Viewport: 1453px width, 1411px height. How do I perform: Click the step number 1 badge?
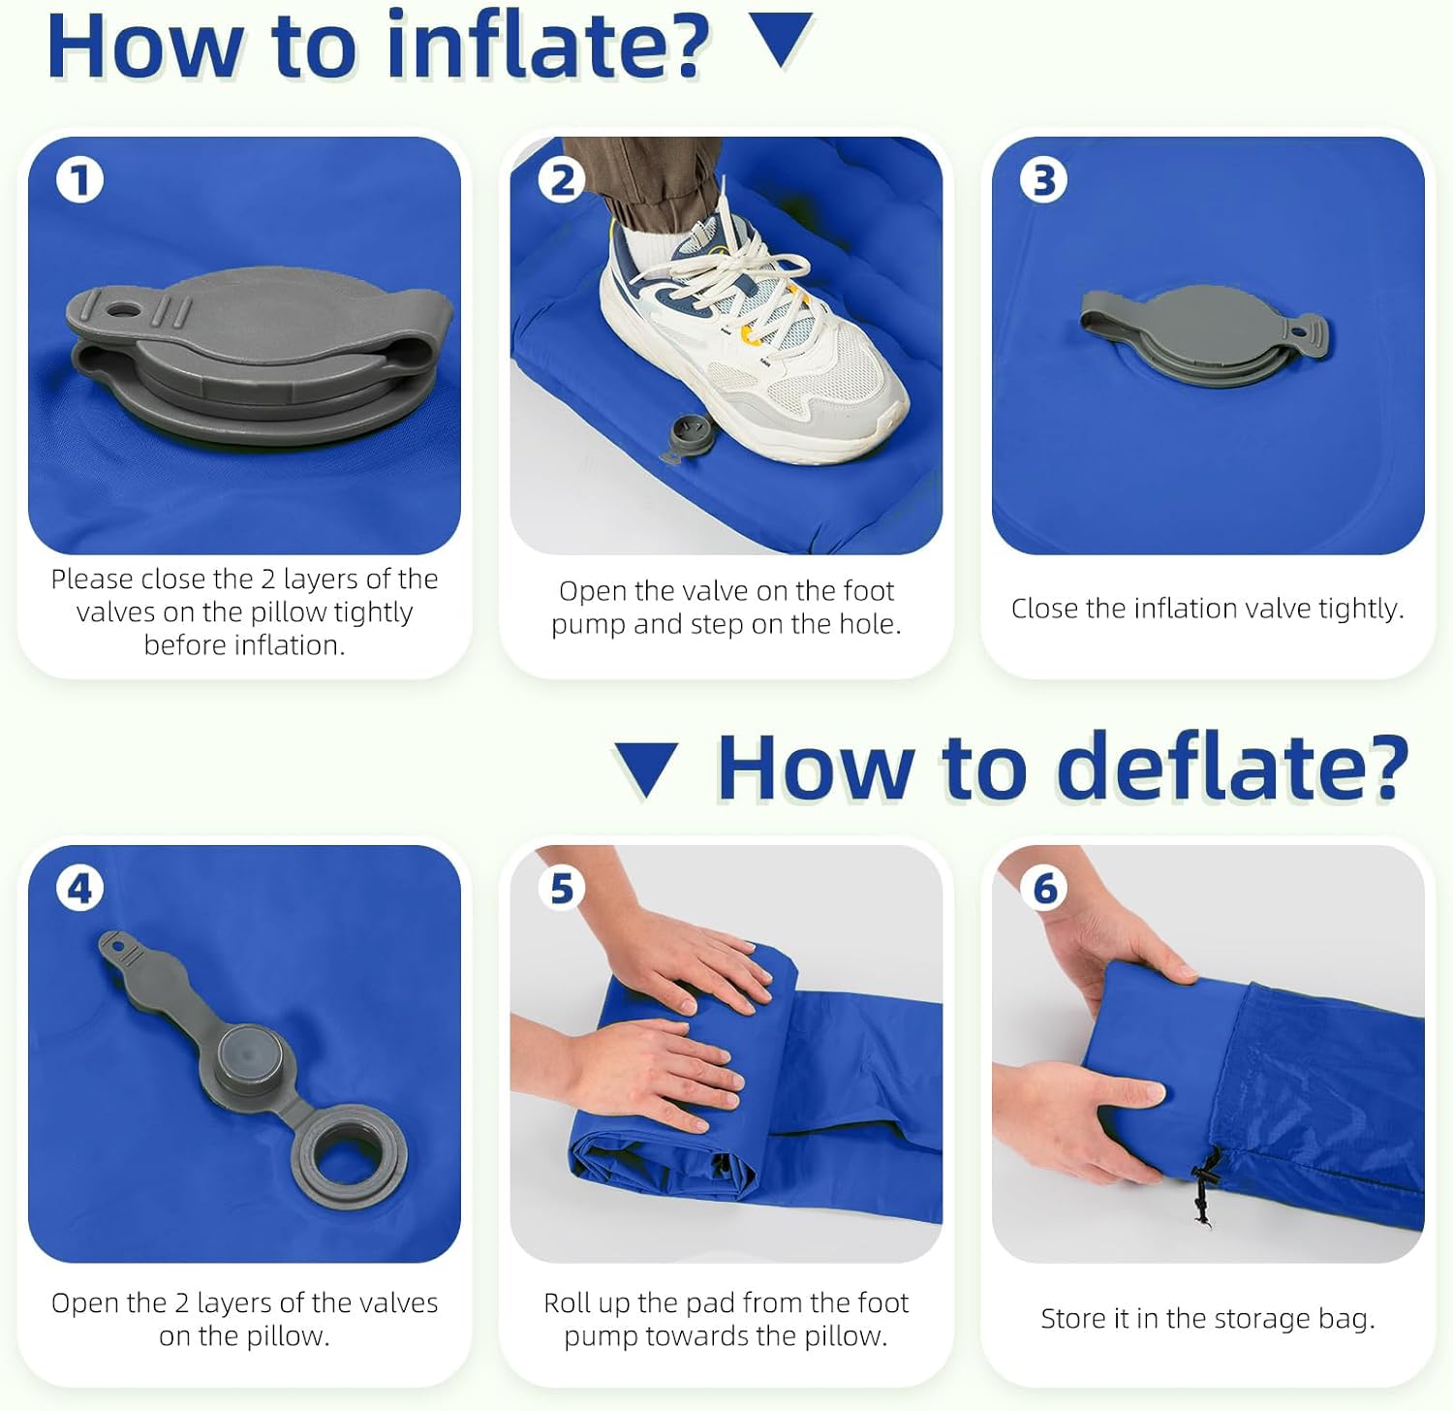point(79,180)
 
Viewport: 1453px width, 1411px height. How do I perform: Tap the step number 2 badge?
point(562,180)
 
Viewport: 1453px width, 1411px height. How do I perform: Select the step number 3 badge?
point(1043,180)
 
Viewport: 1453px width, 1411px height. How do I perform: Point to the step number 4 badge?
point(79,888)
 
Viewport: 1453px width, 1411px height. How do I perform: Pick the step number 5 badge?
point(562,888)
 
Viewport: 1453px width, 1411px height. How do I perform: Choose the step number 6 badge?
point(1044,888)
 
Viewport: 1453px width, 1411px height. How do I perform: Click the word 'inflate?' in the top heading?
point(548,46)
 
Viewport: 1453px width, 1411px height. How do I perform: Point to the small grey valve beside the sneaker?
point(687,437)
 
